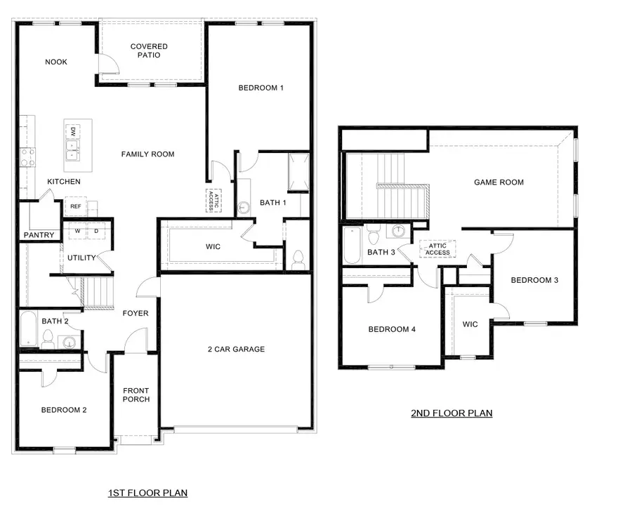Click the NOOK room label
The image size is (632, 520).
56,62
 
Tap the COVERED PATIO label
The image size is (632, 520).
149,51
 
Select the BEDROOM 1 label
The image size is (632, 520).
261,88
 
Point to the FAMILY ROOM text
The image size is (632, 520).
147,154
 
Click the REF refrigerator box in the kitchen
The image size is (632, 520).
75,206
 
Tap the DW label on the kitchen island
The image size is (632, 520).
72,132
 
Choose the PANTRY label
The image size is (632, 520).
39,235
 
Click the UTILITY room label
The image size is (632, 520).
81,258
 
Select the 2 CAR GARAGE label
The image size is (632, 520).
236,349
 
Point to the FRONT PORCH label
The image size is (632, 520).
136,395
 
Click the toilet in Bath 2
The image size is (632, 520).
48,340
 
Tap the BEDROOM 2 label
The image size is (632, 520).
63,410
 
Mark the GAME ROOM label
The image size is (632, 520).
499,182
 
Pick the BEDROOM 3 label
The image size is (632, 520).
534,280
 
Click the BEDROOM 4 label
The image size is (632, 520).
393,329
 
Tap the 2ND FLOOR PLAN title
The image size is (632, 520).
452,413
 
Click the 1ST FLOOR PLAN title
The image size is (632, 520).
147,493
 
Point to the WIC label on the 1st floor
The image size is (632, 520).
213,247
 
